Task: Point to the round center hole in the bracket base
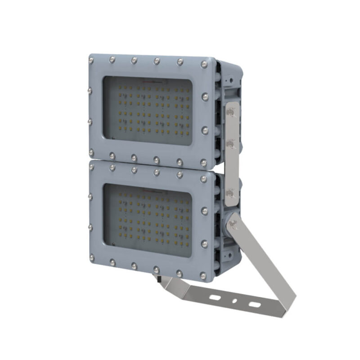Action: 234,301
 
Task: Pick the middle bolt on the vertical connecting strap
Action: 233,143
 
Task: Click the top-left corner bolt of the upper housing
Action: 91,59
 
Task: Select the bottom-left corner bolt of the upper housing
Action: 91,152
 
